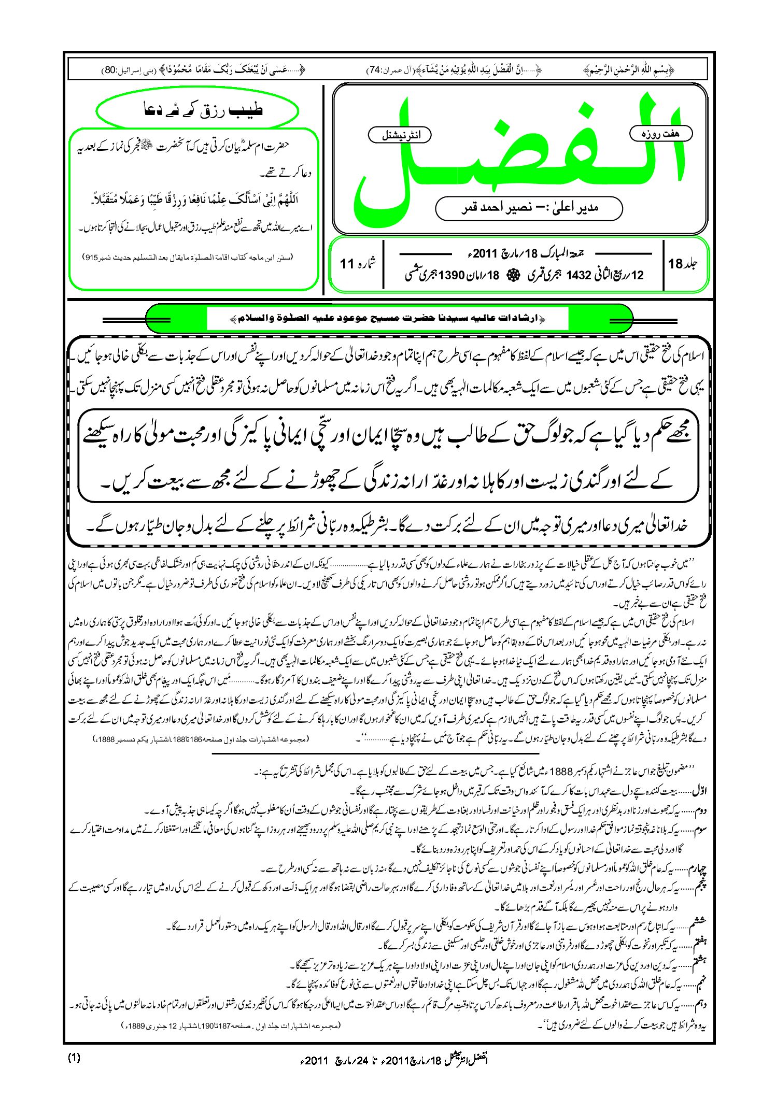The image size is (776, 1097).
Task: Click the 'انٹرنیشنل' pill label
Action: [399, 135]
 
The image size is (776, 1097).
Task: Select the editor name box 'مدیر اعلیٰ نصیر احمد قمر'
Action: [529, 208]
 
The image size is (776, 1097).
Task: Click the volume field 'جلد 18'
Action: [682, 264]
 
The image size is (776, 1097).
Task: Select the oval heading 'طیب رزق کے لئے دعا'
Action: [197, 110]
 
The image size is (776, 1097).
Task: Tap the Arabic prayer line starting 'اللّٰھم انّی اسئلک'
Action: [194, 198]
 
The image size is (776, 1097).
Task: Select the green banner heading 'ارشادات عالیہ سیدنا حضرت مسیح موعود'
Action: [389, 318]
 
